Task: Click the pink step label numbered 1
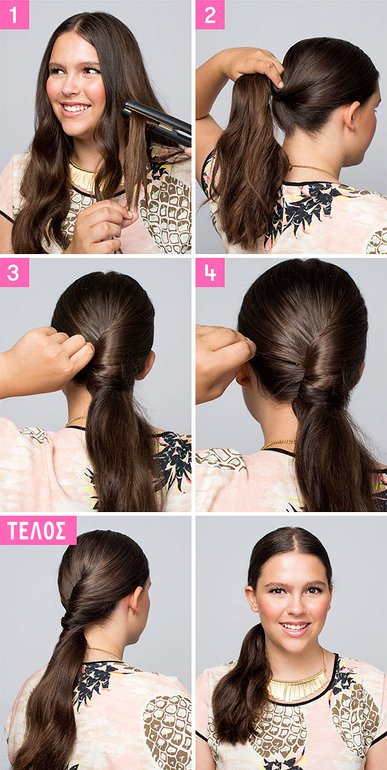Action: [x=14, y=14]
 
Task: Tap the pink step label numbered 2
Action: [x=210, y=14]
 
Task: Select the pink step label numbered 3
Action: [x=14, y=272]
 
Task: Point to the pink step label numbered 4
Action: [x=210, y=272]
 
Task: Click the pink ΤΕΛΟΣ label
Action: [x=38, y=530]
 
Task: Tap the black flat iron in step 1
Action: [x=157, y=122]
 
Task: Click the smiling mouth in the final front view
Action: [x=295, y=628]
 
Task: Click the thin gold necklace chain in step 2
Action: [x=314, y=171]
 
